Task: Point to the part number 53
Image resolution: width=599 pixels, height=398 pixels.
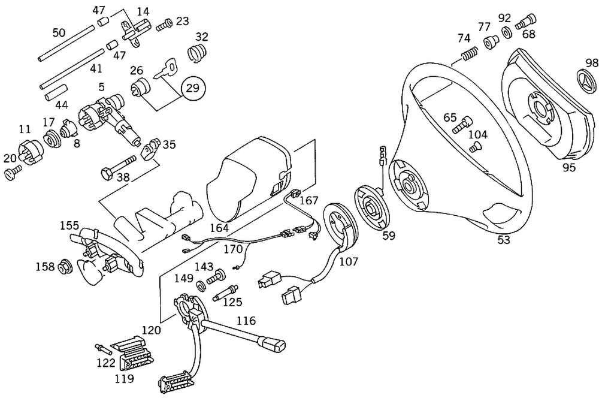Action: click(x=503, y=240)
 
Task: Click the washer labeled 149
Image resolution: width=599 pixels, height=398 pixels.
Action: click(x=201, y=282)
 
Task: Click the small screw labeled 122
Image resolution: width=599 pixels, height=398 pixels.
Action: click(x=101, y=348)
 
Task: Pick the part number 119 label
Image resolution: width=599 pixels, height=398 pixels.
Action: click(x=125, y=378)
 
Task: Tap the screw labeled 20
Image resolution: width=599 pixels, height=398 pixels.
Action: click(x=13, y=173)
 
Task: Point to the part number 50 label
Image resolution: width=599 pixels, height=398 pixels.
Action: click(x=59, y=32)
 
